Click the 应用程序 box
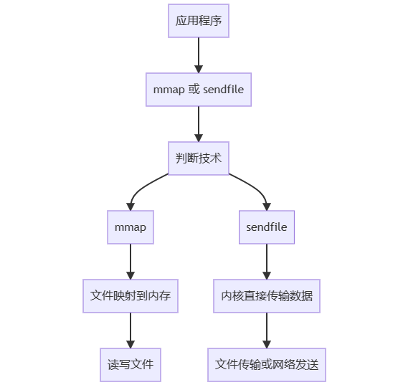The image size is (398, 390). [x=199, y=21]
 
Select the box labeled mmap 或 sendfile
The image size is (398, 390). [x=199, y=90]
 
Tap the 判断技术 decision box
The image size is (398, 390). [x=199, y=158]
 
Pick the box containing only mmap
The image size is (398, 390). [x=131, y=227]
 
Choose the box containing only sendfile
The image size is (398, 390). [x=267, y=227]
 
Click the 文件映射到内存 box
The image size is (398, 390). [x=131, y=296]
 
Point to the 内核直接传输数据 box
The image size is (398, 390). [x=267, y=296]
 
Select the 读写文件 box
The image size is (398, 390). [x=131, y=365]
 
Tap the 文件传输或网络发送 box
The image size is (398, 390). [x=267, y=365]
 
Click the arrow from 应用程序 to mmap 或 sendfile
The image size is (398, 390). [x=199, y=54]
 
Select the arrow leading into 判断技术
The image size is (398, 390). [x=199, y=123]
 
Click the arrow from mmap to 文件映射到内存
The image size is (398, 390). [x=131, y=261]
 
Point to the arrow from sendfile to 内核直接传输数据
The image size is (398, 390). [x=267, y=261]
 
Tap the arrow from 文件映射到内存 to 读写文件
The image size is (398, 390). [x=131, y=330]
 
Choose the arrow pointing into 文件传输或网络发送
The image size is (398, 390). [x=267, y=330]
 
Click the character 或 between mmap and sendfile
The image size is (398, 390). [x=192, y=90]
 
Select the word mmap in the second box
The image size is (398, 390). [x=169, y=90]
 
